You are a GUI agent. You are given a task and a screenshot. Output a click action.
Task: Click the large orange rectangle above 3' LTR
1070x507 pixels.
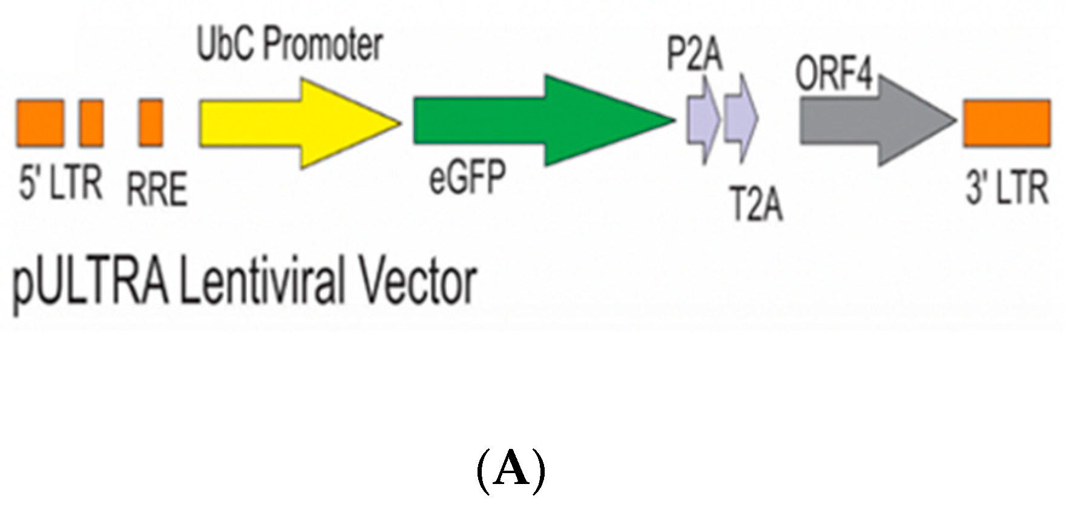pos(1006,123)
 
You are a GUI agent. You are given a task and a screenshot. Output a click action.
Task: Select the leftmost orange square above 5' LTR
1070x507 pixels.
pos(40,123)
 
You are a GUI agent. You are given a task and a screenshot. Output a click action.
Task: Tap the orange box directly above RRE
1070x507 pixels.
pos(151,123)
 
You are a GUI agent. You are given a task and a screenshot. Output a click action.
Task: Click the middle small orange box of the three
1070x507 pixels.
pos(91,123)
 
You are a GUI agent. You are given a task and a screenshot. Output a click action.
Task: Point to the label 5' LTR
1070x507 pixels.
pos(60,184)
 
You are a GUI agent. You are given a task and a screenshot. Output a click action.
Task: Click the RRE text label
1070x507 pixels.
pos(157,189)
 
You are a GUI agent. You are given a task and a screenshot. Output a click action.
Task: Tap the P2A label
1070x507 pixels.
pos(695,56)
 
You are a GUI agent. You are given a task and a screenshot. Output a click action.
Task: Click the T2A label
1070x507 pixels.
pos(757,204)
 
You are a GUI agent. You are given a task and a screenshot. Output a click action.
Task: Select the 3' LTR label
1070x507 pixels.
pos(1006,188)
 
